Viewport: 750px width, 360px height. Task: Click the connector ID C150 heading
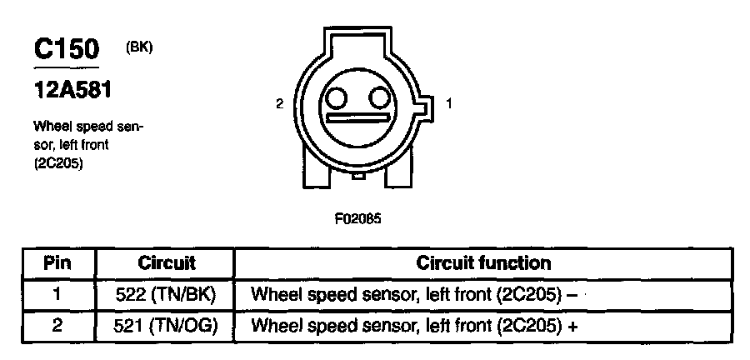pos(67,50)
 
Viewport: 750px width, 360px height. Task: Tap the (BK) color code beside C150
pos(139,47)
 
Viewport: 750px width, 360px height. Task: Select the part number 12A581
pos(72,88)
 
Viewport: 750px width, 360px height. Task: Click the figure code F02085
pos(358,221)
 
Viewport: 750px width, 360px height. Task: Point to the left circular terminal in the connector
pos(336,99)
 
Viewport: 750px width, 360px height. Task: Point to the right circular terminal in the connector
pos(380,99)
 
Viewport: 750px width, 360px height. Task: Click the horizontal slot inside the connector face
pos(358,118)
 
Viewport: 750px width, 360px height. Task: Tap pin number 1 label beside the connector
pos(449,104)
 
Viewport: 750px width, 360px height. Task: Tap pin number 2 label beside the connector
pos(279,104)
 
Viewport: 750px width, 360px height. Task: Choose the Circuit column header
pos(166,263)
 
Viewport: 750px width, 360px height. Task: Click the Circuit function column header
pos(483,263)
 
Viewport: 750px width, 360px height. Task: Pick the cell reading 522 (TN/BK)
pos(166,294)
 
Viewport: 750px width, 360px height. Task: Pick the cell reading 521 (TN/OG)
pos(166,325)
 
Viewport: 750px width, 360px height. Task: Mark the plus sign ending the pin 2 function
pos(572,326)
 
